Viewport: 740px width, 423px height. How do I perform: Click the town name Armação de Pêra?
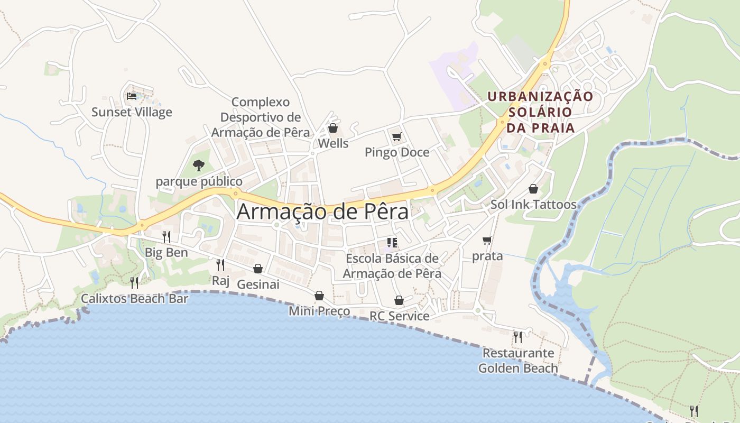tap(322, 212)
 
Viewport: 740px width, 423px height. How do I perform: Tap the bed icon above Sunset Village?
tap(131, 96)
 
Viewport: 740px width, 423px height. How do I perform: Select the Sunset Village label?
tap(132, 112)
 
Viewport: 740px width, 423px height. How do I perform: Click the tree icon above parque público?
tap(199, 165)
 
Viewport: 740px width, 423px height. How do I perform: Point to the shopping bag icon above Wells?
tap(333, 128)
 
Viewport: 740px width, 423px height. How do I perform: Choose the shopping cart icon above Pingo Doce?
tap(397, 137)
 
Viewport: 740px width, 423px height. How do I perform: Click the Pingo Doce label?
tap(397, 153)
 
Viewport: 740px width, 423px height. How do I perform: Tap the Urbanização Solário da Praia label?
tap(540, 112)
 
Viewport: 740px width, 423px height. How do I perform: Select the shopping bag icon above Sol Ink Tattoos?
tap(533, 189)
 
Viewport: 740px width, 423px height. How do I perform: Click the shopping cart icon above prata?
tap(487, 241)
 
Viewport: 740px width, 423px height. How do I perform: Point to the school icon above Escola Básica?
tap(392, 243)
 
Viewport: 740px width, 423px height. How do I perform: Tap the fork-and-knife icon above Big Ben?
tap(166, 236)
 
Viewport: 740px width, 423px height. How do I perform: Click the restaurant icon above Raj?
tap(220, 264)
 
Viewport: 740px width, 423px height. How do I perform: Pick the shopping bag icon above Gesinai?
tap(258, 269)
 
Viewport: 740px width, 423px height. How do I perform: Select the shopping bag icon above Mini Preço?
tap(319, 296)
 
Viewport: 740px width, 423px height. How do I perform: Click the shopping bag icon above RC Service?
tap(399, 300)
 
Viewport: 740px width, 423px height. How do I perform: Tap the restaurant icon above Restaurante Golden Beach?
tap(518, 337)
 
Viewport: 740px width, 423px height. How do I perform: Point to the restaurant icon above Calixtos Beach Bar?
tap(134, 282)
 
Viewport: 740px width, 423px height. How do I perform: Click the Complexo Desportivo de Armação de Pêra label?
tap(261, 117)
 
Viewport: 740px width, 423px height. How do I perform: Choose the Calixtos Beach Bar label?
tap(134, 299)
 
